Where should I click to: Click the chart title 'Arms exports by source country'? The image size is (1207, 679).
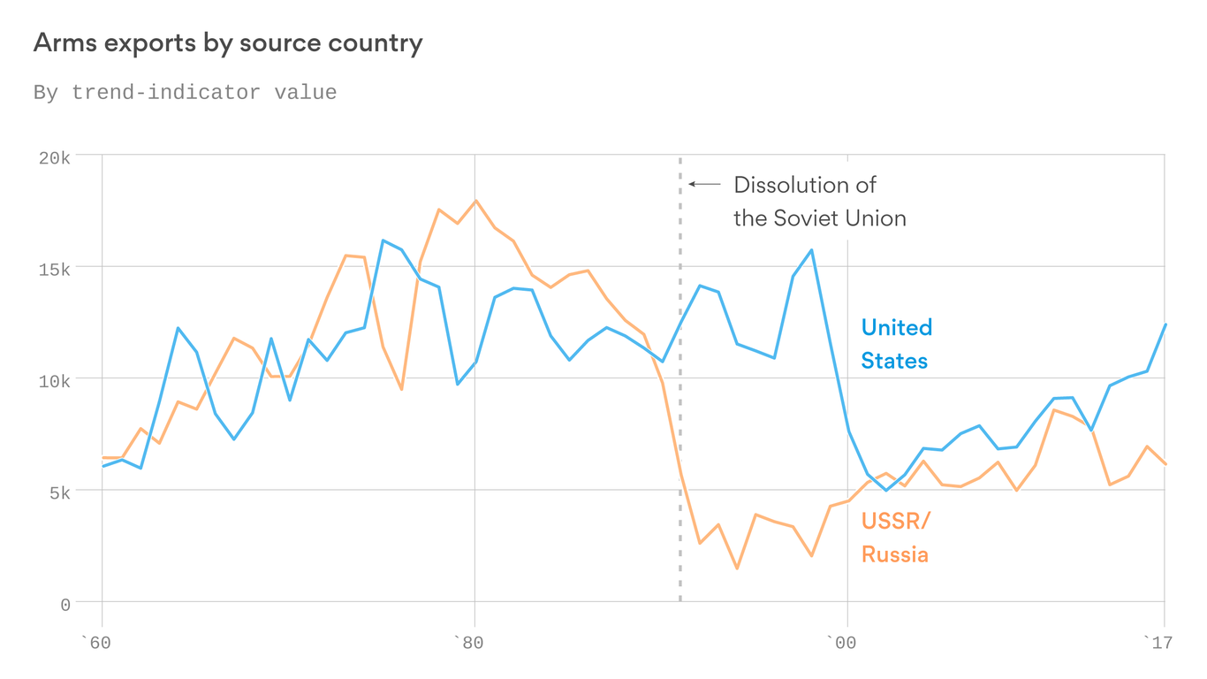click(x=228, y=43)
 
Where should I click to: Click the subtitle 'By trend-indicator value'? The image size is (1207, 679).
click(x=185, y=93)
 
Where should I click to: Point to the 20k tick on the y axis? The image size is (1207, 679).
click(x=54, y=158)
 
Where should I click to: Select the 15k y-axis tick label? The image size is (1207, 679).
click(x=54, y=269)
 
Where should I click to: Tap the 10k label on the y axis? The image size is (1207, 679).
click(x=54, y=381)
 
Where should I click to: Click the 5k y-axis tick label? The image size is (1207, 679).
click(x=58, y=492)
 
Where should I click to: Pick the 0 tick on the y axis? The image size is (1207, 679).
click(x=65, y=605)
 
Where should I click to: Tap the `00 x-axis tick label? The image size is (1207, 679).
click(x=840, y=643)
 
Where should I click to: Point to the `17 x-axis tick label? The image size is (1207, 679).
click(x=1158, y=643)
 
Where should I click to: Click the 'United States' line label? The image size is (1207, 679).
click(x=896, y=344)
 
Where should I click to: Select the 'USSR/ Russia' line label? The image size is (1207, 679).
click(x=895, y=538)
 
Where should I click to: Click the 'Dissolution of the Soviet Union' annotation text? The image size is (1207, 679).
click(x=819, y=202)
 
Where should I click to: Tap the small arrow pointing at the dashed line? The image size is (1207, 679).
click(x=704, y=184)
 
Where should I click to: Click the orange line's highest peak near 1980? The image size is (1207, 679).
click(x=475, y=201)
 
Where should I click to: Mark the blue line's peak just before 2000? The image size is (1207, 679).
click(x=811, y=250)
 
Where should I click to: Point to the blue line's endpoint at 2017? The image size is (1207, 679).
click(x=1165, y=324)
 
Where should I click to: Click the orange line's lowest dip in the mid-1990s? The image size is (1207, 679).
click(x=736, y=568)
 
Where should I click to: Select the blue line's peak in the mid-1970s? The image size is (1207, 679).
click(x=383, y=240)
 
